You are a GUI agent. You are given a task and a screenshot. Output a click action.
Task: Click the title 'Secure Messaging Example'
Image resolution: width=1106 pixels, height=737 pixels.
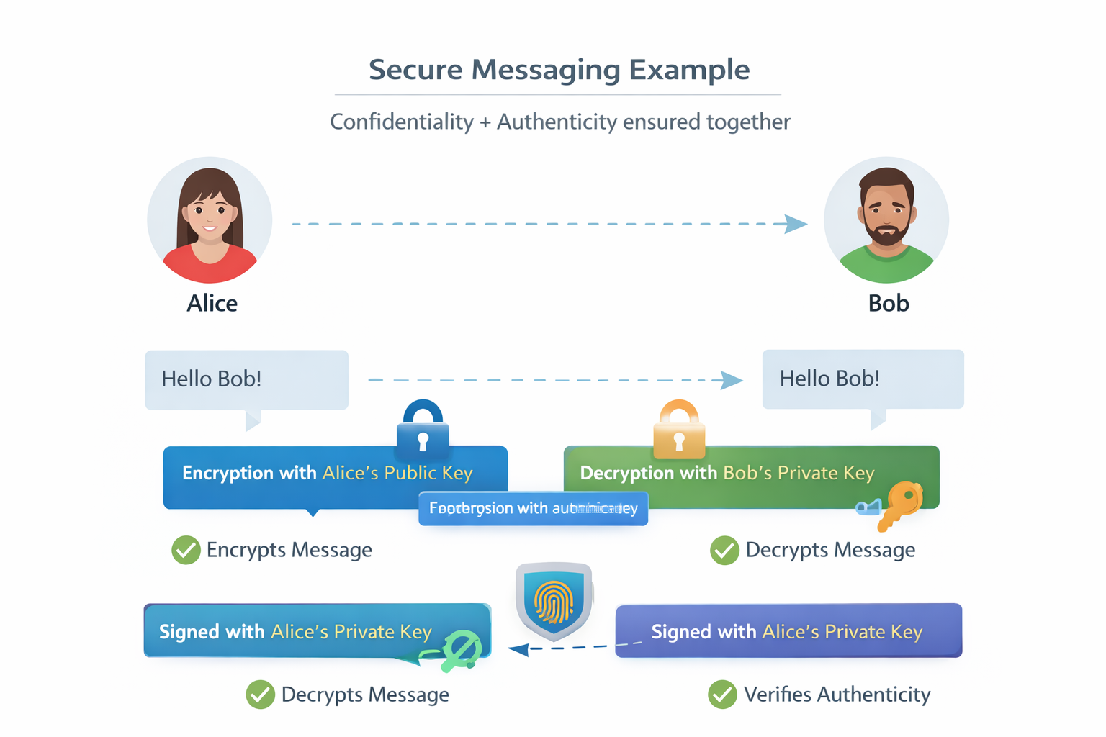559,70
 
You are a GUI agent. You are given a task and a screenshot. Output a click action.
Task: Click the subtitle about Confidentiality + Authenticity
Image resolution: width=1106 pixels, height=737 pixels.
559,122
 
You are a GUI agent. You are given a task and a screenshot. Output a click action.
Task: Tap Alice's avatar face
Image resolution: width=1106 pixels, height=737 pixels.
210,213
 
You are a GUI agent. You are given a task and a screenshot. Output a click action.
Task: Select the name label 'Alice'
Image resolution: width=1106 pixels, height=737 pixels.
212,303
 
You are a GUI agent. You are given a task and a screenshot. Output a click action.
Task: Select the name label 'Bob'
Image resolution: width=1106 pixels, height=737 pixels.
889,303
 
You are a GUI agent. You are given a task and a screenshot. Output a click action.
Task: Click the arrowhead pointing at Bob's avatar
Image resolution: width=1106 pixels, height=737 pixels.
795,224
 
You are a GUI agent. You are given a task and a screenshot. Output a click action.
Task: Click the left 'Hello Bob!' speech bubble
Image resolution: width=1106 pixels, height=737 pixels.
246,379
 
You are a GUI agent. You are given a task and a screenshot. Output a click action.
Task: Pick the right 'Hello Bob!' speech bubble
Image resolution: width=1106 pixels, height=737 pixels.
862,379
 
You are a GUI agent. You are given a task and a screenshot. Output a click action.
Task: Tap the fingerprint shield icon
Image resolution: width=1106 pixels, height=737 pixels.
554,601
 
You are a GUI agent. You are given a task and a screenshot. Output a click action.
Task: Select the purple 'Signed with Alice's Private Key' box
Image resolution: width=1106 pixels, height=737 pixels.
788,631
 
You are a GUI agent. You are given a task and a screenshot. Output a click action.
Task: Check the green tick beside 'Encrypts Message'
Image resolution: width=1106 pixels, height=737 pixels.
186,550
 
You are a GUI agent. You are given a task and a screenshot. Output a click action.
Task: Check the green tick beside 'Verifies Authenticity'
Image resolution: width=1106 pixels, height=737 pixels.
722,695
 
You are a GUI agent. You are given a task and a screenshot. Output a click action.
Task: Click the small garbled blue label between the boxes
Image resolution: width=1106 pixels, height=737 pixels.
533,508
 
